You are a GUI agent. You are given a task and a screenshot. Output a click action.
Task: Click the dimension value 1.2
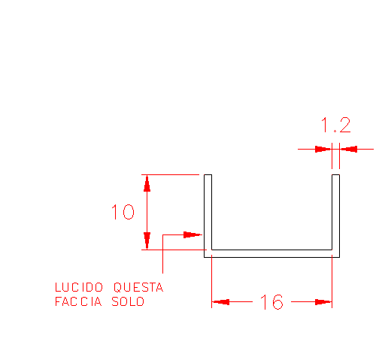(335, 125)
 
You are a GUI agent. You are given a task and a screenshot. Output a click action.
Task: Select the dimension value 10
(123, 212)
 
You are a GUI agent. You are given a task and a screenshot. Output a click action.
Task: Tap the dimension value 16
(271, 302)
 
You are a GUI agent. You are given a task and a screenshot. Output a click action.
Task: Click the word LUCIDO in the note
(79, 287)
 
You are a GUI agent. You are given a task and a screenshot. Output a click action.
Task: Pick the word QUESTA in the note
(138, 287)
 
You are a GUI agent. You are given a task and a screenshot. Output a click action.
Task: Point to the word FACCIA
(78, 301)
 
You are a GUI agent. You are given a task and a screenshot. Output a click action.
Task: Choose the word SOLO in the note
(128, 301)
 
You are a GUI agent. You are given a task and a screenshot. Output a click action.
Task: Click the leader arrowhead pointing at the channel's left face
(193, 234)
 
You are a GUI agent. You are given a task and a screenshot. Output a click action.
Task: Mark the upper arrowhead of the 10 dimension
(147, 183)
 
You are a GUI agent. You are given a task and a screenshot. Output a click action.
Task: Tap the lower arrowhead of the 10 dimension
(147, 241)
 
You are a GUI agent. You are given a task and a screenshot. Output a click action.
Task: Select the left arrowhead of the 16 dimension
(220, 302)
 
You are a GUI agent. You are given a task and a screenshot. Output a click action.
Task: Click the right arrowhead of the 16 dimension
(323, 302)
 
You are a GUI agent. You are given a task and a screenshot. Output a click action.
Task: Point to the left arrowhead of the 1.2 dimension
(323, 149)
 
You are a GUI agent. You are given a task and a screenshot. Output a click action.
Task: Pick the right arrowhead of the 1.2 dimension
(348, 149)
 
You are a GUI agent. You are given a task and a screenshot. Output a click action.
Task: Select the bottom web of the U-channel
(271, 253)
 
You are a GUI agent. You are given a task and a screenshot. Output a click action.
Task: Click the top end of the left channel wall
(208, 174)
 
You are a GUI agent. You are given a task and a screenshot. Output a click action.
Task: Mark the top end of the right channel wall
(335, 174)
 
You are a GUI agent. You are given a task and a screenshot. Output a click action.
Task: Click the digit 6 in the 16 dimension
(277, 302)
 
